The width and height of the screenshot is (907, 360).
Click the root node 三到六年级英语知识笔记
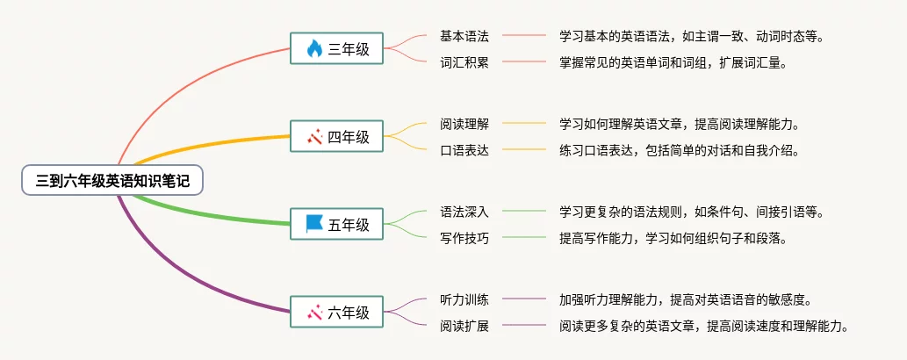click(112, 181)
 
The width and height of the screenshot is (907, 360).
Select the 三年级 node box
click(337, 49)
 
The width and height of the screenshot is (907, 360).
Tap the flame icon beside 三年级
click(314, 49)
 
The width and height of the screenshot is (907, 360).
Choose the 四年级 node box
click(337, 137)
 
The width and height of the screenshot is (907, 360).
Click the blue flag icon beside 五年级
click(314, 224)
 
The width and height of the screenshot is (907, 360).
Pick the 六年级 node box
click(337, 312)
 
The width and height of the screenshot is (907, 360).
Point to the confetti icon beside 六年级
click(314, 312)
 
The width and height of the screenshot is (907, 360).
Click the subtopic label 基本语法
click(464, 36)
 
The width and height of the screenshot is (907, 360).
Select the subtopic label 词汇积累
click(464, 62)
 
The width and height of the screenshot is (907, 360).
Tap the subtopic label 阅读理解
click(464, 124)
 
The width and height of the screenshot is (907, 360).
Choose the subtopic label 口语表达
click(464, 150)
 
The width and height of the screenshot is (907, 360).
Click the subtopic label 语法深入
click(464, 212)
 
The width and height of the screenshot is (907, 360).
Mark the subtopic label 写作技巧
click(464, 238)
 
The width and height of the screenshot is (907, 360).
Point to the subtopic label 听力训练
click(464, 299)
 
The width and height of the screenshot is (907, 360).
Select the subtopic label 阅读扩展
click(464, 326)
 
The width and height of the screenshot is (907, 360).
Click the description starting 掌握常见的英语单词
click(673, 62)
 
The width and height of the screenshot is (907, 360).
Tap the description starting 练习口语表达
click(680, 150)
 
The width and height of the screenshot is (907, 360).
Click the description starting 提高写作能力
click(673, 238)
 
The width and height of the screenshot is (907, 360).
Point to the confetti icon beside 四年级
click(314, 137)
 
